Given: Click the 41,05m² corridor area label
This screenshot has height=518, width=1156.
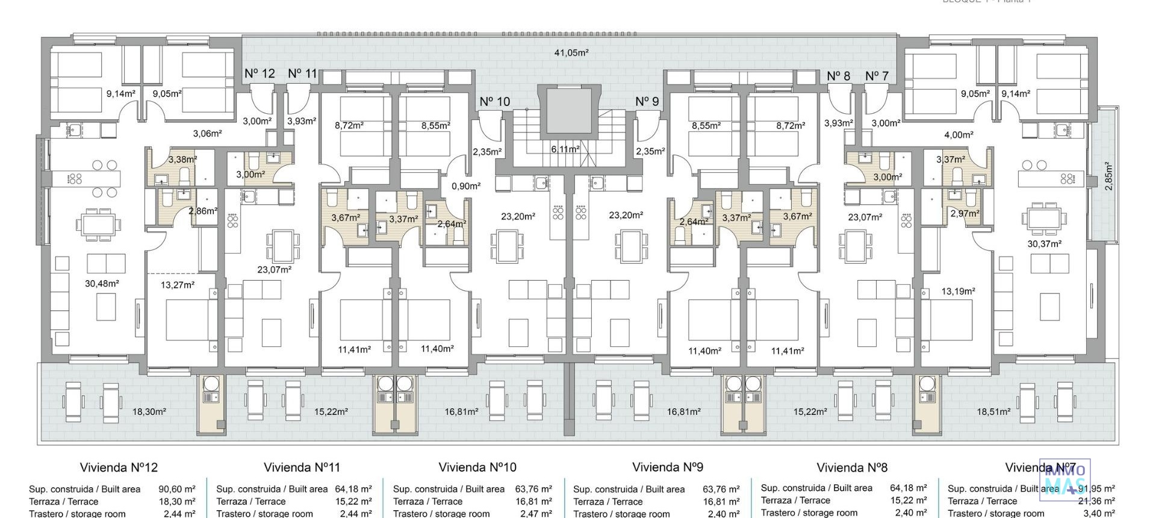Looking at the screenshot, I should [571, 53].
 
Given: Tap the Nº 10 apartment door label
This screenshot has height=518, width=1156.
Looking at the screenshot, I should [494, 102].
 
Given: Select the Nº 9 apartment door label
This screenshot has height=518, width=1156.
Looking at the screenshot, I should [647, 102].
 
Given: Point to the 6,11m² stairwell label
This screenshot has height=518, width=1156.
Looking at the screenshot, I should [565, 149].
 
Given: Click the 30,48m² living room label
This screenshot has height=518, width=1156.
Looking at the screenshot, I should [102, 284].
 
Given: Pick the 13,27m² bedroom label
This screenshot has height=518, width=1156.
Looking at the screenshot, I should [178, 285].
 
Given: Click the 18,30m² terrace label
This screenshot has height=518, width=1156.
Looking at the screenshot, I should [149, 412].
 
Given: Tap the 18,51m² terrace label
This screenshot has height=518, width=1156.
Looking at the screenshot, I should [993, 412].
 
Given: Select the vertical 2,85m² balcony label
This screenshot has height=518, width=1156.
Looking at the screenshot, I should [1108, 176].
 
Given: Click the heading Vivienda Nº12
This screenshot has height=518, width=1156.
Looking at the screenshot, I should [119, 467].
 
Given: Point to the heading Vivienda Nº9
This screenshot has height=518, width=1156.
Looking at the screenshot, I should [667, 467].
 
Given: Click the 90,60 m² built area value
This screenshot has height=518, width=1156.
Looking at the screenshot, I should [177, 490].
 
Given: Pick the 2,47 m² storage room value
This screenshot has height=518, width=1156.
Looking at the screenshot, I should [536, 514].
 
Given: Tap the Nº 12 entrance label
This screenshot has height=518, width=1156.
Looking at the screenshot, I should [259, 73].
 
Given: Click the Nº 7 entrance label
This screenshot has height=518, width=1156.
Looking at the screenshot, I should [877, 76].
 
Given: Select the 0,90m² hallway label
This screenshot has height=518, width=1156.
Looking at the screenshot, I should [465, 187].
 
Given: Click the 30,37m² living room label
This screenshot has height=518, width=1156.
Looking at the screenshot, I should [1044, 244].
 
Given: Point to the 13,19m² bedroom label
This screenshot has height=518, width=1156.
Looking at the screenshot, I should [958, 292].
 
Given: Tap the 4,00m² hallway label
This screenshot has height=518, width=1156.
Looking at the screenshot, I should [959, 136].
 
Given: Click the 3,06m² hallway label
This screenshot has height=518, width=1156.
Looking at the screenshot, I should [207, 134].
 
